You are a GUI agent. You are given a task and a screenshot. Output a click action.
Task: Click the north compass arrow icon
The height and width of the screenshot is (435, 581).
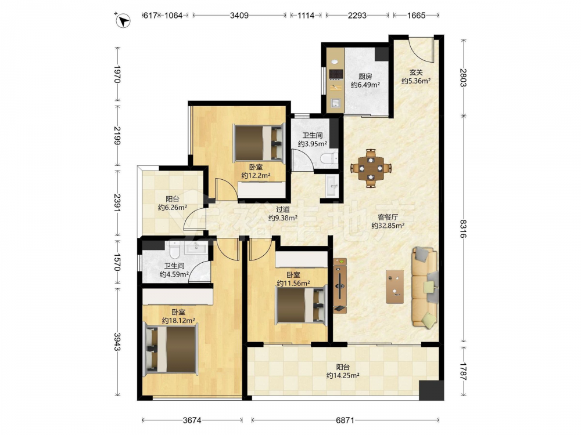point(123,20)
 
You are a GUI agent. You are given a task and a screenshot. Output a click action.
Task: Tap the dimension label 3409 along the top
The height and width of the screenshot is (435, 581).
point(239,16)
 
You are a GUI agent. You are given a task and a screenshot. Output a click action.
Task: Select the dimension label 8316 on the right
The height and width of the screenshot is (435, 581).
point(464,229)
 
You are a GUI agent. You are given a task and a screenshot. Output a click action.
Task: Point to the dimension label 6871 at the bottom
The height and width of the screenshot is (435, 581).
point(345,420)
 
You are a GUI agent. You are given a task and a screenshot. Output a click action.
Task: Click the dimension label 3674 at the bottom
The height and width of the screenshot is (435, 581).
point(192,420)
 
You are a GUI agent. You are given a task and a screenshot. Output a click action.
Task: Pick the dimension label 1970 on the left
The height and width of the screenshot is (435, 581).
point(117,74)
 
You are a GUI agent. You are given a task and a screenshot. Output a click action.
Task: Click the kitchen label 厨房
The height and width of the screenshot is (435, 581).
point(365,77)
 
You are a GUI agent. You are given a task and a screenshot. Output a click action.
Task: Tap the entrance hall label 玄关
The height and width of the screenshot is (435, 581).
point(416,72)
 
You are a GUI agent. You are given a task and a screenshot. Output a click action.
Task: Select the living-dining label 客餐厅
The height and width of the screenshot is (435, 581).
point(388,217)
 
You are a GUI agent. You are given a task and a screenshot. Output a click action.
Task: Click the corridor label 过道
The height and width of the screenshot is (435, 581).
point(283,210)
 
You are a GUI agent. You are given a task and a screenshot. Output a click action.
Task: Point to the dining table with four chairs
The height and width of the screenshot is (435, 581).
point(371,168)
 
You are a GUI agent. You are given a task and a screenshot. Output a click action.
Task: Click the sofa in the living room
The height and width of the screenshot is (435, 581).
point(425,288)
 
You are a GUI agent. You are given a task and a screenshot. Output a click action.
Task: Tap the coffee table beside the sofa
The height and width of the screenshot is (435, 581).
point(394,287)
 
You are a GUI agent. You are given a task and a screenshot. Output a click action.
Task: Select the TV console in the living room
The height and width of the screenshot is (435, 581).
point(339,285)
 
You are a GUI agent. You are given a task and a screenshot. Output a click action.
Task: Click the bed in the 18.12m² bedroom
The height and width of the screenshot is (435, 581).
point(170,349)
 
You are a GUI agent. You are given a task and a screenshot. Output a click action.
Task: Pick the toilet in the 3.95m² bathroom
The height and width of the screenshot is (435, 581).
point(329,159)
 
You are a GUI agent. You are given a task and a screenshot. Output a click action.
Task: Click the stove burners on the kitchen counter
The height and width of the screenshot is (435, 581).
point(336,74)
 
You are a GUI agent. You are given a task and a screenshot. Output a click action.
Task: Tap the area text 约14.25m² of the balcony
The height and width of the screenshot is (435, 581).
point(343,375)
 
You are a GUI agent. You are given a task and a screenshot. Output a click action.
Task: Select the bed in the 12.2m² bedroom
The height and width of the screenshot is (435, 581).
point(259,143)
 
